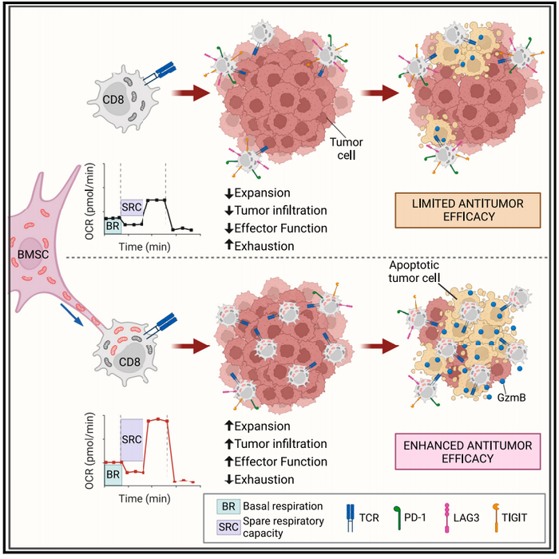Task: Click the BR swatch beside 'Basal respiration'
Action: coord(228,505)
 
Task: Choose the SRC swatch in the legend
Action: coord(228,527)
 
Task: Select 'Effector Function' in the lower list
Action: coord(278,462)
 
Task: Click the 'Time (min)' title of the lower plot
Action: coord(145,496)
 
